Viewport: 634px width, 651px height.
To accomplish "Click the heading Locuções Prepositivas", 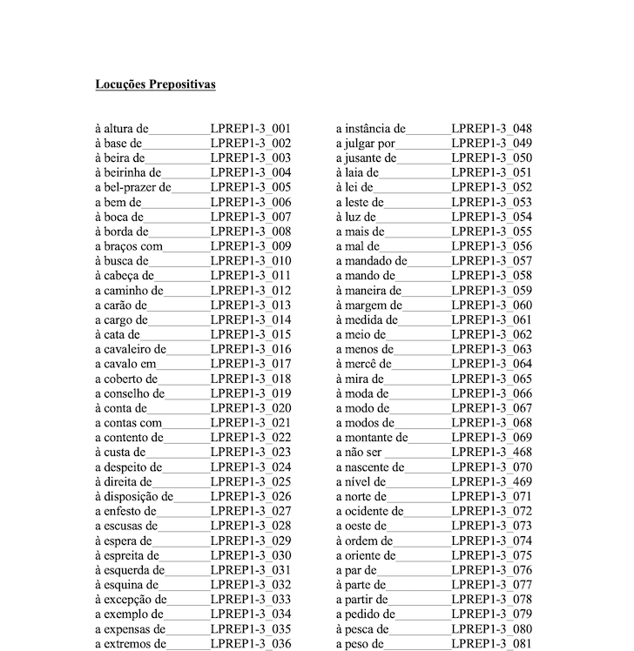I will pyautogui.click(x=155, y=84).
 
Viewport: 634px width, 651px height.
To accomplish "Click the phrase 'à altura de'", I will pyautogui.click(x=122, y=129).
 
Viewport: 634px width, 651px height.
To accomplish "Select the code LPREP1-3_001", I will pyautogui.click(x=250, y=129).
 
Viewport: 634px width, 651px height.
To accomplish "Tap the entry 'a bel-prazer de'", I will pyautogui.click(x=133, y=187).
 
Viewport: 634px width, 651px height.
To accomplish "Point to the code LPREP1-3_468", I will pyautogui.click(x=491, y=453).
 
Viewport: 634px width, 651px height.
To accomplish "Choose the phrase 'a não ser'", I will pyautogui.click(x=360, y=453).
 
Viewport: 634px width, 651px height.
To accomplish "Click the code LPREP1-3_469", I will pyautogui.click(x=491, y=482).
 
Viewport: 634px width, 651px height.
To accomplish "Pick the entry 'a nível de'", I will pyautogui.click(x=361, y=482).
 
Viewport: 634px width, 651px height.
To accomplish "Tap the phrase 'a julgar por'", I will pyautogui.click(x=366, y=144).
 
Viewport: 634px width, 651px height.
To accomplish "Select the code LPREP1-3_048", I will pyautogui.click(x=491, y=129).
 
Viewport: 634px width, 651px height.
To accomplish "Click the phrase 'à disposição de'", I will pyautogui.click(x=134, y=497).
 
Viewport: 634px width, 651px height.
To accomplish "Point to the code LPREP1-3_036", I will pyautogui.click(x=250, y=644).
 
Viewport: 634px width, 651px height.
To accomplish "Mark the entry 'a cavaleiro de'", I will pyautogui.click(x=132, y=349).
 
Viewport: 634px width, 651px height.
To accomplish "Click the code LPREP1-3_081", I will pyautogui.click(x=491, y=644).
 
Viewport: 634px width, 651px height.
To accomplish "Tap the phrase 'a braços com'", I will pyautogui.click(x=128, y=246).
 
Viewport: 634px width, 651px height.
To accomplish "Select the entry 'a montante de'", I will pyautogui.click(x=372, y=438).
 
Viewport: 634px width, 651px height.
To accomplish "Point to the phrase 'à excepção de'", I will pyautogui.click(x=131, y=600).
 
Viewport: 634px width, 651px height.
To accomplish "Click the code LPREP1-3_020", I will pyautogui.click(x=250, y=408).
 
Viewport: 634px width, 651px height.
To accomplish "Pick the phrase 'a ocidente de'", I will pyautogui.click(x=370, y=512).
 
